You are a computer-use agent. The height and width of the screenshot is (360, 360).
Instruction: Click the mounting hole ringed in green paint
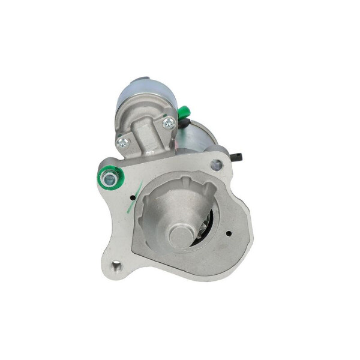pos(110,176)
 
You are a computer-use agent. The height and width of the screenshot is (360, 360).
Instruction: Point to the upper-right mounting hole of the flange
pos(217,165)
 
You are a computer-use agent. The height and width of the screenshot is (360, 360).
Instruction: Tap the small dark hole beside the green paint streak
pos(132,197)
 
